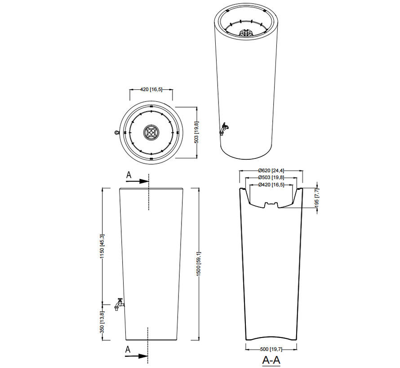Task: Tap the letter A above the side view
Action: point(129,175)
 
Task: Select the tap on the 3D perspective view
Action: point(223,129)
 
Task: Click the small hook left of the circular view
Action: point(116,133)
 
